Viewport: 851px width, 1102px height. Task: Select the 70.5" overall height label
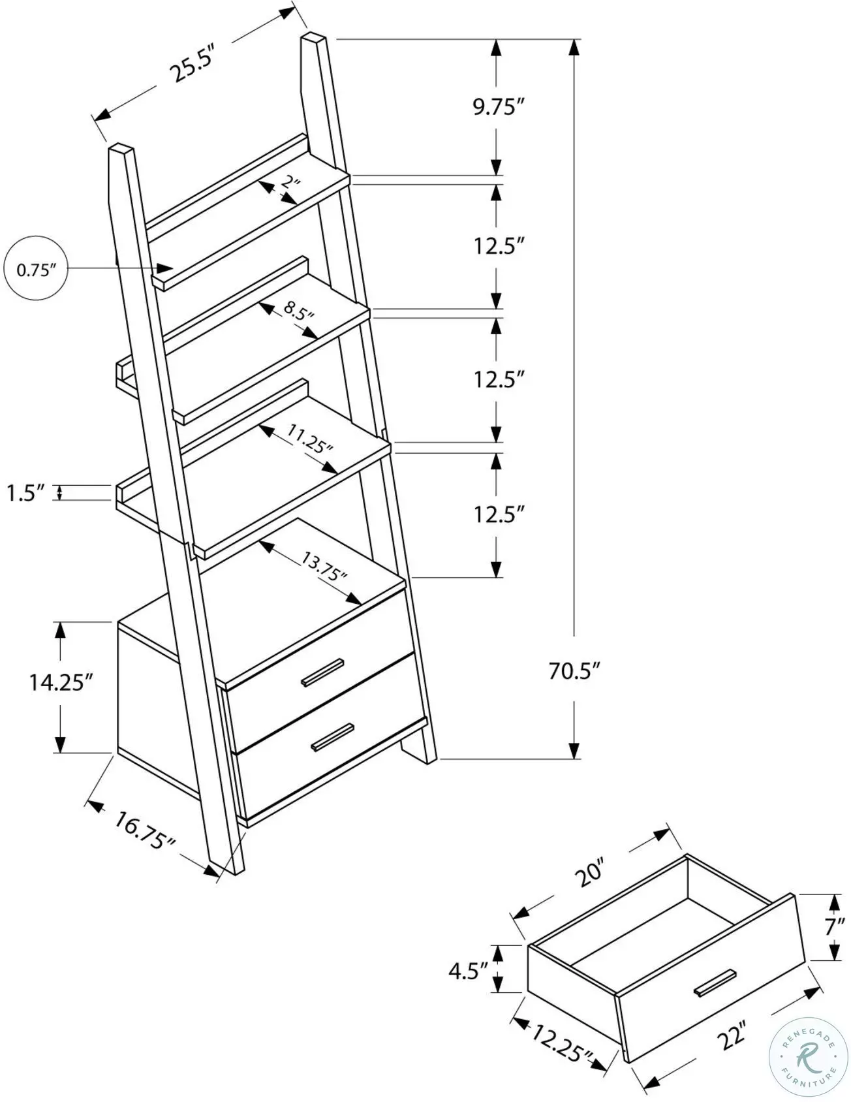click(574, 670)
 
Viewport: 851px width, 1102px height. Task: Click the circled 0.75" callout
click(36, 270)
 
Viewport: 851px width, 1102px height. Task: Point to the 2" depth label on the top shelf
click(290, 183)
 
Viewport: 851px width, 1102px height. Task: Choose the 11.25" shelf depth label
click(310, 439)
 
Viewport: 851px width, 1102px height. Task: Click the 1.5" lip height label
click(25, 493)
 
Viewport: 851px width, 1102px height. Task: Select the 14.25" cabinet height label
click(57, 682)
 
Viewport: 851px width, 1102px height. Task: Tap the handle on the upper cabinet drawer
click(322, 673)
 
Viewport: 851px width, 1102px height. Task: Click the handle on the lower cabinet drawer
click(333, 736)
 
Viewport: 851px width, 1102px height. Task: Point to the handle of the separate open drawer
click(715, 983)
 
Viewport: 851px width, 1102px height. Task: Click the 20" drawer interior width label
click(591, 875)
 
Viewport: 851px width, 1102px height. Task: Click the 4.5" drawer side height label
click(468, 970)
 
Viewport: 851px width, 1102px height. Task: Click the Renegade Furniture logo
click(808, 1058)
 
